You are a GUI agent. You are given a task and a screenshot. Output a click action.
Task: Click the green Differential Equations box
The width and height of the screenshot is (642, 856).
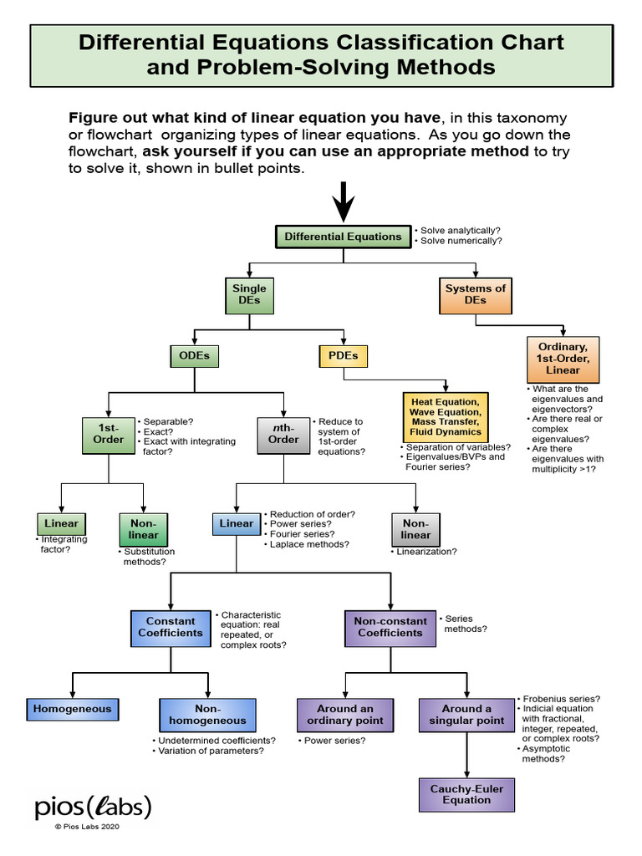[343, 237]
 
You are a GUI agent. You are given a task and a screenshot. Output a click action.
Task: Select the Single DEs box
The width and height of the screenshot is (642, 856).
[249, 294]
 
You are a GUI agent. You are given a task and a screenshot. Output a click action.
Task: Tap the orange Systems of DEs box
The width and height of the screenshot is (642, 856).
[476, 294]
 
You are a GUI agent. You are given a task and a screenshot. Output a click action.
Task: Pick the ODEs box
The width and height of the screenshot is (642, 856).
[194, 355]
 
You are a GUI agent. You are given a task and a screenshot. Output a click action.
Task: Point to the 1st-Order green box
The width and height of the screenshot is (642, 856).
[109, 433]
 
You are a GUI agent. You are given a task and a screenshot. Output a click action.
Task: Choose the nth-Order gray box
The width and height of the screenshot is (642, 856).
[283, 433]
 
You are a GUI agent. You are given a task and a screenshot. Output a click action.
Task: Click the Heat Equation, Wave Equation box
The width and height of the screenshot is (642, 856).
[446, 416]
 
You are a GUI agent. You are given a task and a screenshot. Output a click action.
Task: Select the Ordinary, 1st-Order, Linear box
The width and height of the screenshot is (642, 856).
[563, 358]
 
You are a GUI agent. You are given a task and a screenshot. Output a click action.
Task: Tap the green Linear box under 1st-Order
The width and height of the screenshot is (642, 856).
[61, 523]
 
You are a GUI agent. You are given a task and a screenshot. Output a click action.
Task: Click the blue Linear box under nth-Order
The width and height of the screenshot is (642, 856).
[236, 523]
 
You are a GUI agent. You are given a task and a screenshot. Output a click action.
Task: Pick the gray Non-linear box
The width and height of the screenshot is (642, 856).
[415, 529]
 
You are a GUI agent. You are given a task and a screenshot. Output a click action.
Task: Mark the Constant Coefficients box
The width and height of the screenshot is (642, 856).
[171, 627]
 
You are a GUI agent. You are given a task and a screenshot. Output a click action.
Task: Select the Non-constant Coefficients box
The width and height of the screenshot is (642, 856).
[390, 627]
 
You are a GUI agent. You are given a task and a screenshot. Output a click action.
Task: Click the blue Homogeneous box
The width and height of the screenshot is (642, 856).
[72, 709]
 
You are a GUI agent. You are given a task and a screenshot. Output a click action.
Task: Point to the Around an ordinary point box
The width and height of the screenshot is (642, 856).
[345, 715]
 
